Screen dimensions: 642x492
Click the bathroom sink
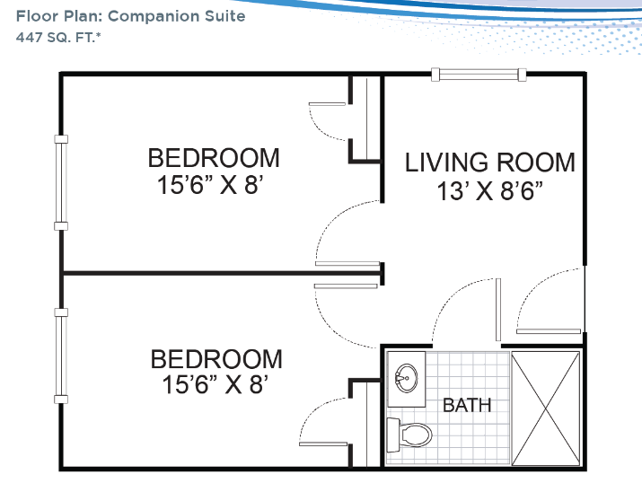[406, 377]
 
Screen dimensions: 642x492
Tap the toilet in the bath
[409, 435]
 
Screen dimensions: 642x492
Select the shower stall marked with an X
[546, 409]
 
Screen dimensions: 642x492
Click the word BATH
[467, 405]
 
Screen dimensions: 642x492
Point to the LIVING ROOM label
[490, 163]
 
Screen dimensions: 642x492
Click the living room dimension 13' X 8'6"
[490, 190]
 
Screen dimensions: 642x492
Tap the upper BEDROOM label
[214, 158]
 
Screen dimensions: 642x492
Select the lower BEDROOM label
[216, 359]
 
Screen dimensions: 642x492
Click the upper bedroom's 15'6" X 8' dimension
[209, 185]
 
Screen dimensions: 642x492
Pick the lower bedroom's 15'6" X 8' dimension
[215, 385]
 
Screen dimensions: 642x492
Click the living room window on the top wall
[479, 75]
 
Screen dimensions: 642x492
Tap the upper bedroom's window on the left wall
[61, 182]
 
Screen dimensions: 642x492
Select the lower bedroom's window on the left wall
[61, 356]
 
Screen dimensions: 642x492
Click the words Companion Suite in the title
[177, 16]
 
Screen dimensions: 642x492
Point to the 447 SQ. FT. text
[58, 37]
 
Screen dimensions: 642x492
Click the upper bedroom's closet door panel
[327, 104]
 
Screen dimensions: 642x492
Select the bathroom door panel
[497, 310]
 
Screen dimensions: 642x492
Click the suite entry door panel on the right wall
[549, 331]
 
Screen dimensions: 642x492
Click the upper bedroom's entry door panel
[347, 264]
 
